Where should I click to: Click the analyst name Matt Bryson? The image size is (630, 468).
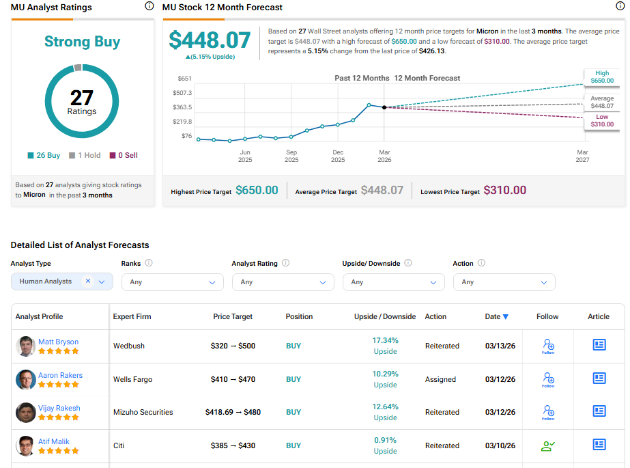pyautogui.click(x=58, y=342)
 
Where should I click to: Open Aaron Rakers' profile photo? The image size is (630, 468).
pyautogui.click(x=26, y=379)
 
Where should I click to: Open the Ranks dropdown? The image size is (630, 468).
pyautogui.click(x=172, y=282)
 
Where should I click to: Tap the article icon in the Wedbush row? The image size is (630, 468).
pyautogui.click(x=599, y=345)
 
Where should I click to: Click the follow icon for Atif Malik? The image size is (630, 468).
pyautogui.click(x=547, y=446)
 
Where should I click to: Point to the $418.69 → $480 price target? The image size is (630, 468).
pyautogui.click(x=233, y=412)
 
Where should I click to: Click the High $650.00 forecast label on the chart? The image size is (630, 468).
pyautogui.click(x=602, y=77)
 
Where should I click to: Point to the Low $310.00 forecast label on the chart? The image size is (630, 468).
pyautogui.click(x=602, y=122)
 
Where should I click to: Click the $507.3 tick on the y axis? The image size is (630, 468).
pyautogui.click(x=182, y=93)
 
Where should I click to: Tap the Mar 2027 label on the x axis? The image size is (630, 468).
pyautogui.click(x=582, y=156)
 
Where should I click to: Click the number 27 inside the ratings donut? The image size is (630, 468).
pyautogui.click(x=82, y=98)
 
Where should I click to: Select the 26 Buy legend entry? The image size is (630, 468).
pyautogui.click(x=45, y=156)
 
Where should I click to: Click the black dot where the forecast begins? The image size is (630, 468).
pyautogui.click(x=384, y=107)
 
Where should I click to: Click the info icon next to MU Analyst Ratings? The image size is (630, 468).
pyautogui.click(x=149, y=6)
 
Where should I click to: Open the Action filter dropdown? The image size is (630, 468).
pyautogui.click(x=504, y=282)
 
